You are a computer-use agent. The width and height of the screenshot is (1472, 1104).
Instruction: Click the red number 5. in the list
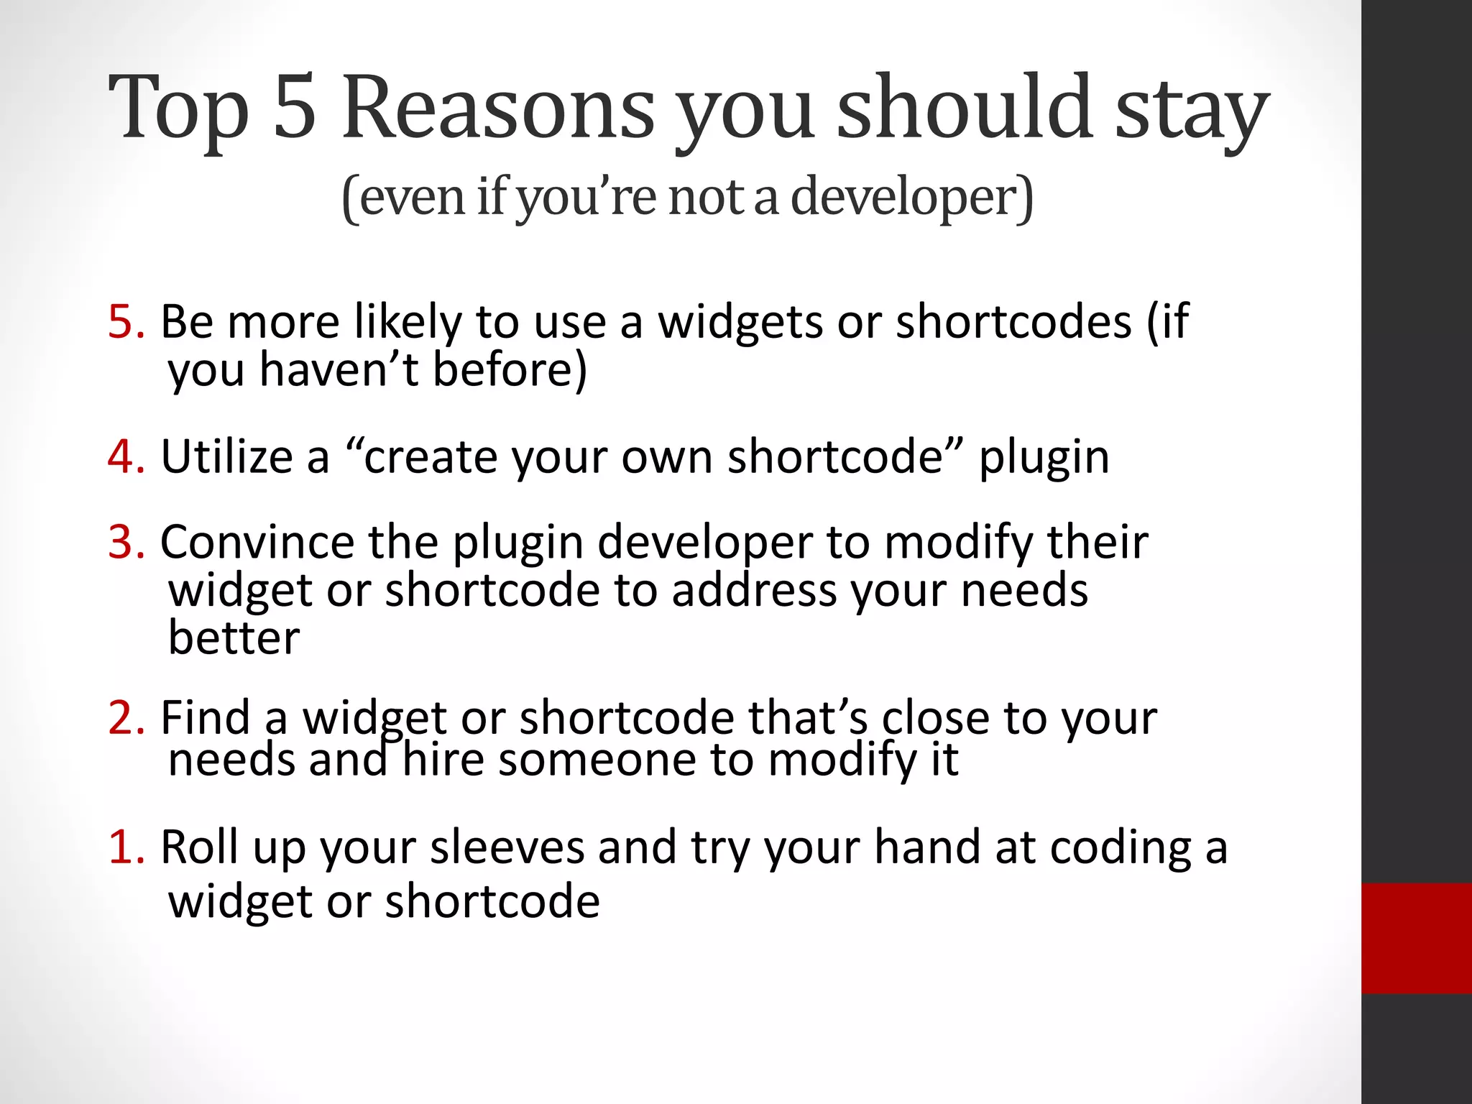(126, 321)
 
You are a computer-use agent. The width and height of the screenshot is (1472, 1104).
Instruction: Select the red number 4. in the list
(126, 456)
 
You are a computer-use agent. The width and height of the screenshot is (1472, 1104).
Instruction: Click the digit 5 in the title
(295, 108)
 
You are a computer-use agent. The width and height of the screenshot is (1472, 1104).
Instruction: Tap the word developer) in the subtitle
(911, 198)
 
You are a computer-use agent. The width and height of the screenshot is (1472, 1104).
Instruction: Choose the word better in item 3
(234, 638)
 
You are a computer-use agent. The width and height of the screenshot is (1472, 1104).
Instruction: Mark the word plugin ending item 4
(1044, 458)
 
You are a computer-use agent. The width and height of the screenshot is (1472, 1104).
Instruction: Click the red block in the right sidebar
(1416, 938)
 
